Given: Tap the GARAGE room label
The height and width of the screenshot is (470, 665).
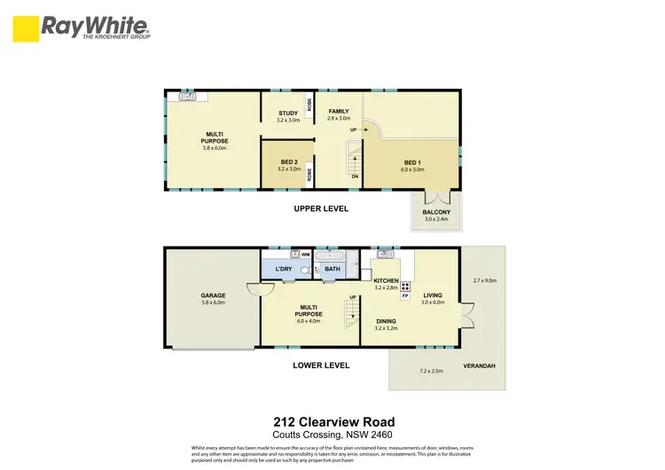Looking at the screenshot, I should tap(212, 295).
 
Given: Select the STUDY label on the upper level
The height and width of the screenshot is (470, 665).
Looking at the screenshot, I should tap(287, 114).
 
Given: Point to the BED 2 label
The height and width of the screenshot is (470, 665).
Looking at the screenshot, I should tap(288, 162).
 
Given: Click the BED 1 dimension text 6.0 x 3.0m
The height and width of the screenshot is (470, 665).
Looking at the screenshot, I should tap(411, 169).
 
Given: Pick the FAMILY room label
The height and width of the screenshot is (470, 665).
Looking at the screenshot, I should tap(338, 112).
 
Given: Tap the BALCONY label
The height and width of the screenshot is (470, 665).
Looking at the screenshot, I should tap(436, 212).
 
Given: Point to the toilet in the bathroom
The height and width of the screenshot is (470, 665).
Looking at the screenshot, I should tap(306, 270).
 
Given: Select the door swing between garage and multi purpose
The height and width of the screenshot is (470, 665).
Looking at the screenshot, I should tap(254, 290).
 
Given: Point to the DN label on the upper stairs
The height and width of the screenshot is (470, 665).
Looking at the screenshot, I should tap(355, 176).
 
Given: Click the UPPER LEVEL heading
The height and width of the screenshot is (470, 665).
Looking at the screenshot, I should tap(321, 209).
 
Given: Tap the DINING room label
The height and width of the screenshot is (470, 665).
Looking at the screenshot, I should tap(387, 321).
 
